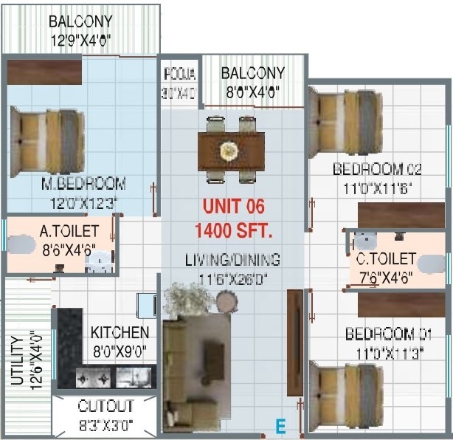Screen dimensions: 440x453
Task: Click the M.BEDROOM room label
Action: click(x=83, y=183)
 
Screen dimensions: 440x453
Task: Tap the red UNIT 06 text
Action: click(x=233, y=207)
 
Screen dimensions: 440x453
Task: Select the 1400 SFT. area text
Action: click(x=233, y=230)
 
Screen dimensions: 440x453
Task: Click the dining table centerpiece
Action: click(x=230, y=151)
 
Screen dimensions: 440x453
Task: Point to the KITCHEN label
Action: click(x=120, y=333)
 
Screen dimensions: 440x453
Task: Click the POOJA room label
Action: click(x=179, y=74)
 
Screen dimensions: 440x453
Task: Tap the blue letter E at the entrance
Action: click(x=280, y=426)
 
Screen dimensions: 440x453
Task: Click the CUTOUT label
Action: click(x=106, y=406)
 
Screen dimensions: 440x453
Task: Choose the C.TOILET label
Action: click(x=386, y=259)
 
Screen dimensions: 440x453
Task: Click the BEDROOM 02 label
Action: click(x=377, y=169)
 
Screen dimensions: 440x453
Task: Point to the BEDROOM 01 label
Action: click(x=384, y=334)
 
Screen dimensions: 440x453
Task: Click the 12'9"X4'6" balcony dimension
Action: click(x=81, y=41)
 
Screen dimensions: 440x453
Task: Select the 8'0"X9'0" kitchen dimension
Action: click(x=120, y=351)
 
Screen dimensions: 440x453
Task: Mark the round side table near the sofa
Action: click(x=226, y=301)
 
